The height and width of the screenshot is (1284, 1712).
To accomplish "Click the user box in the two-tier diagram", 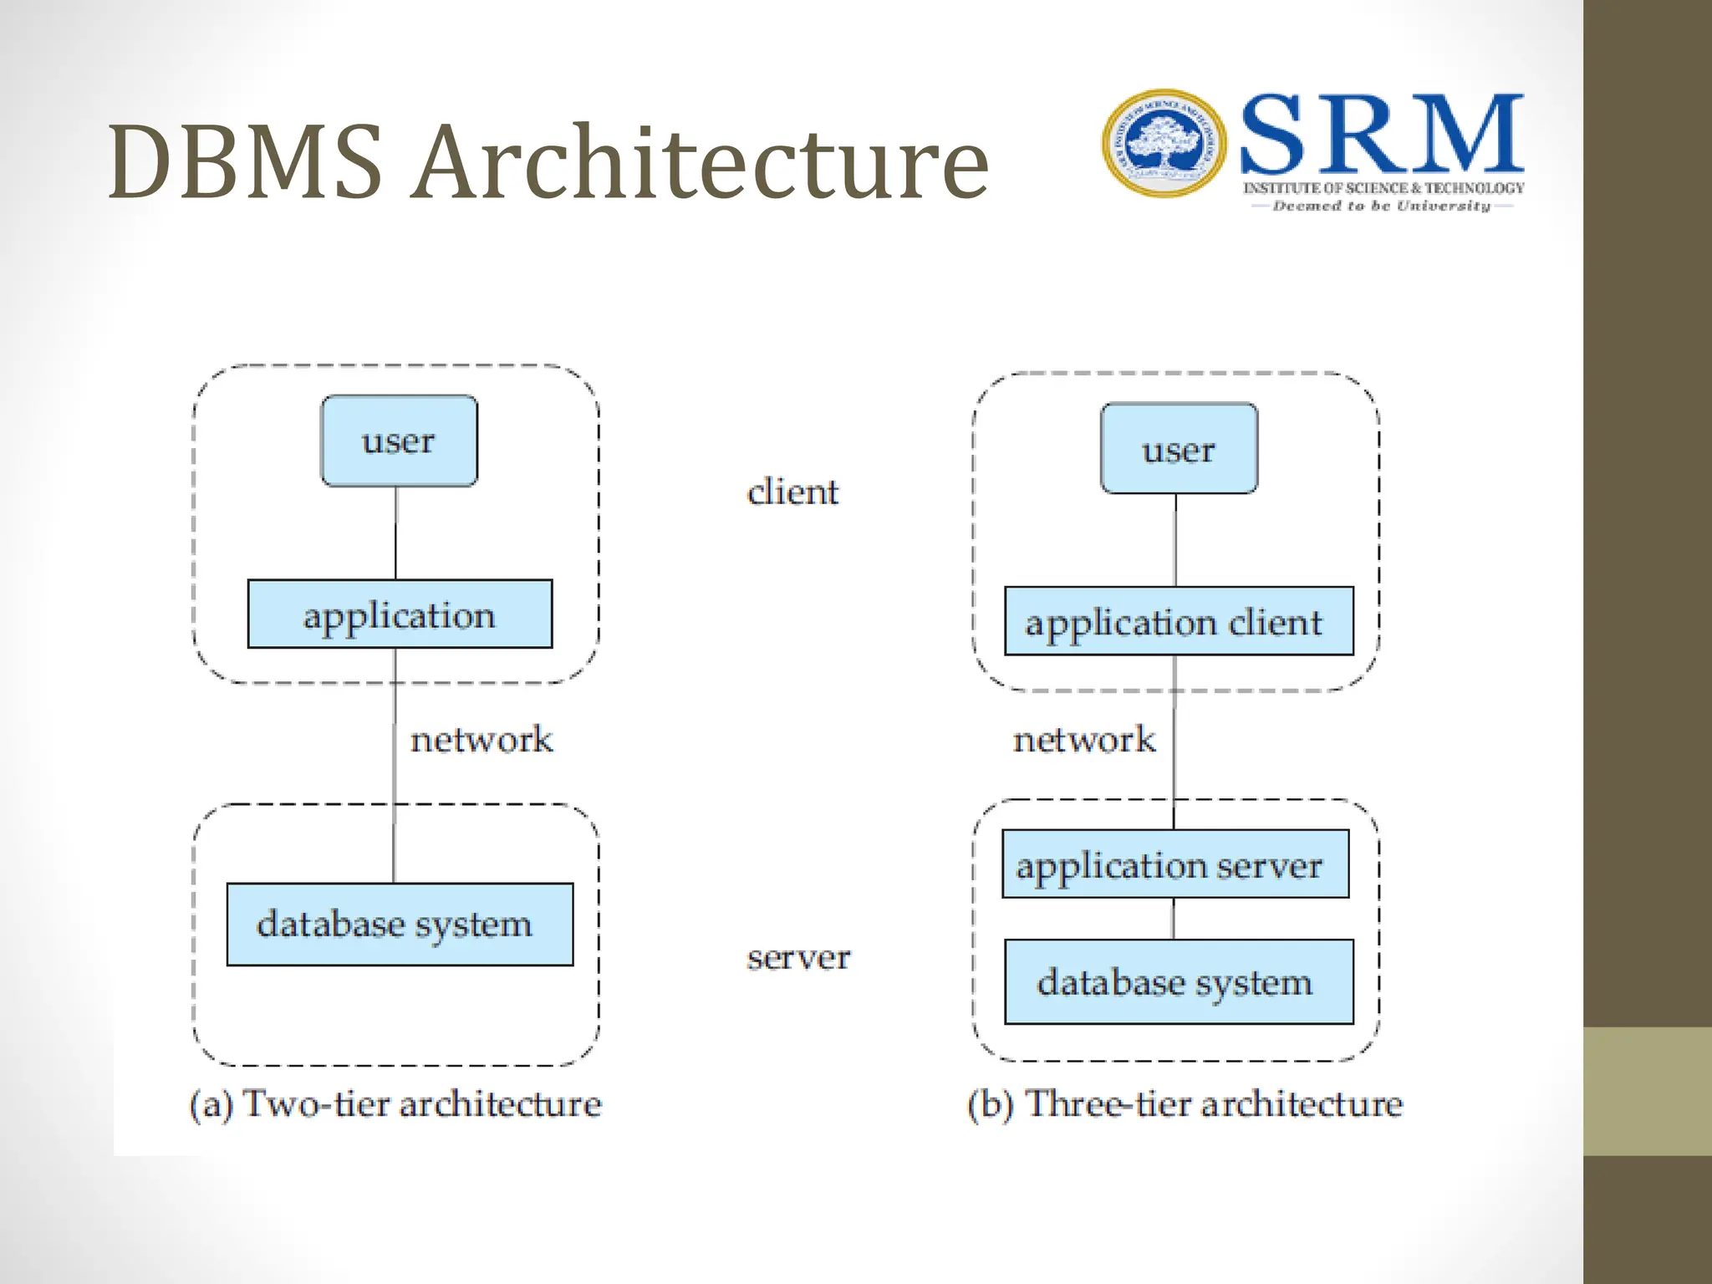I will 399,441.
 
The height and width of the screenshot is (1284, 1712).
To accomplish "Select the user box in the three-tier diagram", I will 1179,449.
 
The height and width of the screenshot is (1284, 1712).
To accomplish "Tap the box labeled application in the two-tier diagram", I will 400,614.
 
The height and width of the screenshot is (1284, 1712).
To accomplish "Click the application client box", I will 1178,621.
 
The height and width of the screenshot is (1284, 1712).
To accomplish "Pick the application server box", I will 1174,864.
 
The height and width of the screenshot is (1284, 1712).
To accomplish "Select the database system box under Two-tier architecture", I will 400,924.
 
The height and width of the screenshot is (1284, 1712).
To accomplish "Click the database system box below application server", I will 1178,981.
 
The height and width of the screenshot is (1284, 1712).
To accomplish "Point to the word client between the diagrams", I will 792,492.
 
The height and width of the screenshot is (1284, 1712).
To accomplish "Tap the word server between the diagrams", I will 798,957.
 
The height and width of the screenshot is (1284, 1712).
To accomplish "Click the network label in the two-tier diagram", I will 481,740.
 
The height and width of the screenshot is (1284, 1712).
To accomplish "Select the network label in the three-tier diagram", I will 1084,740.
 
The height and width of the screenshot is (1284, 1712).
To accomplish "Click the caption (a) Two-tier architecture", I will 395,1103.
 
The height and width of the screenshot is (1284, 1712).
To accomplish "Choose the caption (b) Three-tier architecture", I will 1185,1103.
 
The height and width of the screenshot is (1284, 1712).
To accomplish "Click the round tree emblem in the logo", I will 1164,144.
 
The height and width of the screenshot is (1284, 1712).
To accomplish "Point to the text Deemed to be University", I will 1381,206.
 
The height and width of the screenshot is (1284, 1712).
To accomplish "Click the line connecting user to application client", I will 1175,540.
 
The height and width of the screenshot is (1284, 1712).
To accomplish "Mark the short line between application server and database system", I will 1173,918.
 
